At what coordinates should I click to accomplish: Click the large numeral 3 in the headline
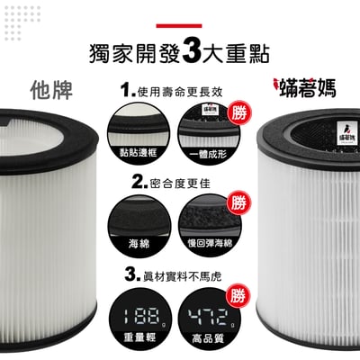pyautogui.click(x=190, y=51)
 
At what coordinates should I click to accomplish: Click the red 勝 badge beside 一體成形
pyautogui.click(x=238, y=112)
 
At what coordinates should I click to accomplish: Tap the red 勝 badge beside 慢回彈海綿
pyautogui.click(x=238, y=203)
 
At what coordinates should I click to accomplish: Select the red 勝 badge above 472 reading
pyautogui.click(x=238, y=295)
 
